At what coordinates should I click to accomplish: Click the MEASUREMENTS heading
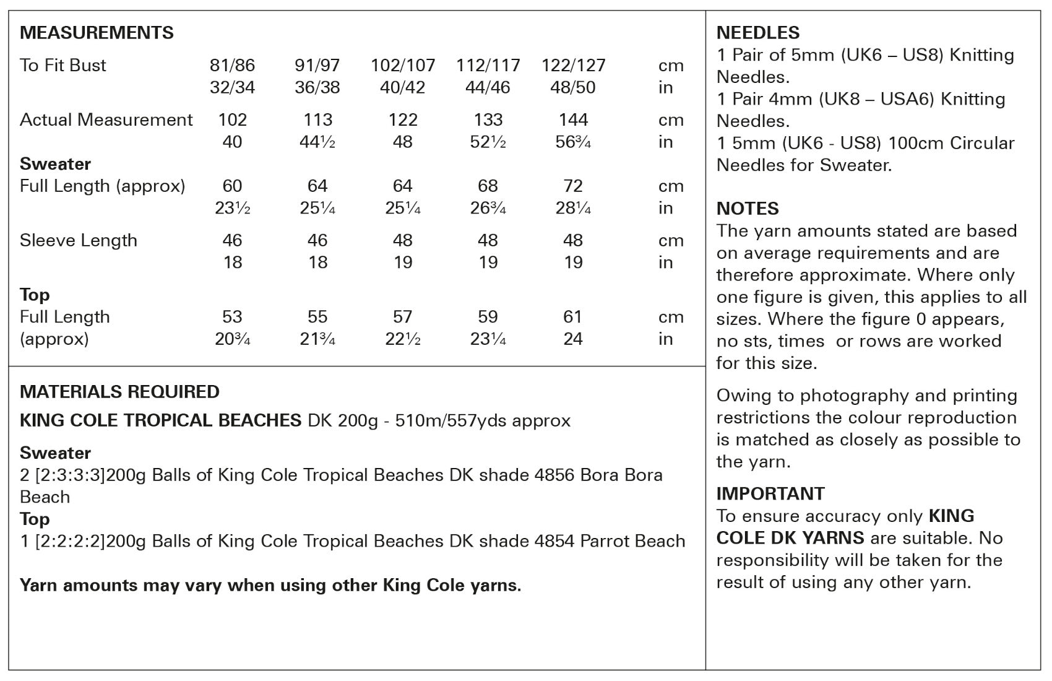(x=97, y=33)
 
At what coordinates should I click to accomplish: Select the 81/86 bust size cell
(x=232, y=65)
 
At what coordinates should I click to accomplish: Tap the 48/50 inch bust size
(x=572, y=87)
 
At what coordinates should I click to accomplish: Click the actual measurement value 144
(x=573, y=119)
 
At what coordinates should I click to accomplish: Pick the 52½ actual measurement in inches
(x=488, y=142)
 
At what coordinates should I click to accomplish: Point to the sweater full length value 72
(x=573, y=186)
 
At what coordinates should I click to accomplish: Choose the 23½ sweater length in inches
(x=232, y=208)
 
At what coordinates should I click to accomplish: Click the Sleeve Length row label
(x=79, y=240)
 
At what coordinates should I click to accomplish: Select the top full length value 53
(x=232, y=317)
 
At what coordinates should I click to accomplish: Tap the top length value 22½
(x=402, y=339)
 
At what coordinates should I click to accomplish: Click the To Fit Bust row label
(x=63, y=65)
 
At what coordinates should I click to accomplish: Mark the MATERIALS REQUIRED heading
(x=119, y=392)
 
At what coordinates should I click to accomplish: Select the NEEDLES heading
(x=757, y=33)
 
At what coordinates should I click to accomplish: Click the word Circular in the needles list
(x=982, y=143)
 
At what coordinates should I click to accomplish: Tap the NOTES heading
(x=748, y=209)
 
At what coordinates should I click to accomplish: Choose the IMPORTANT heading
(x=770, y=493)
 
